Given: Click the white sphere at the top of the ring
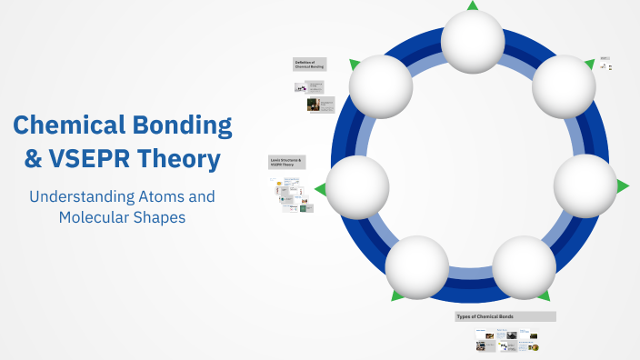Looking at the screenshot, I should [x=473, y=40].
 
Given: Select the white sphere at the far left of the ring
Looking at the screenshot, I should [x=357, y=187].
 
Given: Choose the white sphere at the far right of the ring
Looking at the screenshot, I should [x=585, y=185].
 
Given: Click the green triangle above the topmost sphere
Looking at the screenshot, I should [x=473, y=5].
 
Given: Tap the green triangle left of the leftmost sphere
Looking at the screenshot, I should [x=319, y=189].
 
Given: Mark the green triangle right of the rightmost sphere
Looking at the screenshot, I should [x=623, y=185].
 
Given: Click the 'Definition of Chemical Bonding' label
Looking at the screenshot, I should [x=310, y=65].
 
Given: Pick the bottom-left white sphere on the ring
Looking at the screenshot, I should [x=417, y=267].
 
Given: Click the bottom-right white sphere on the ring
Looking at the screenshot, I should [x=525, y=267].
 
